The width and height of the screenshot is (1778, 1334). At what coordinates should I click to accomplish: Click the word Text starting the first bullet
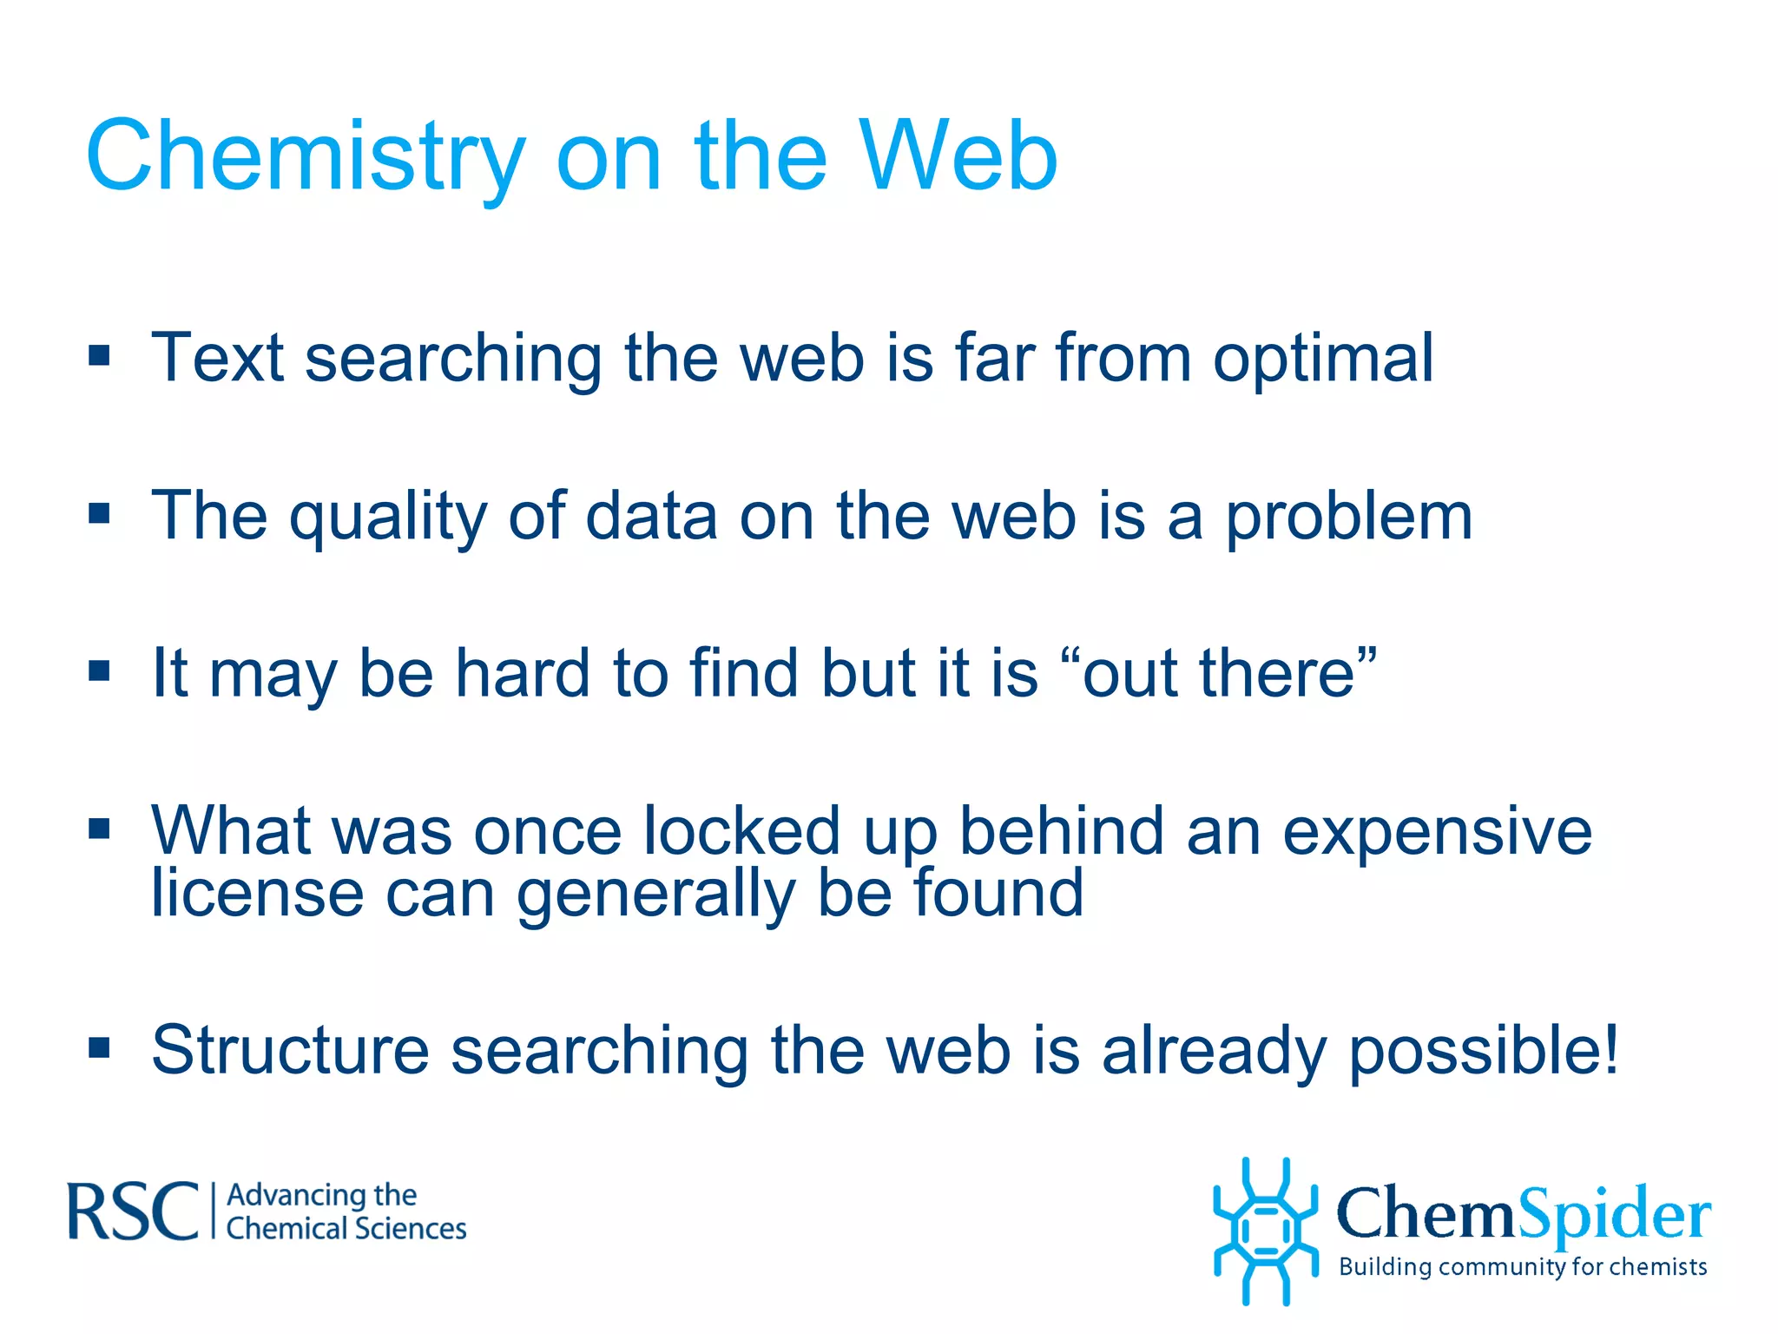coord(217,358)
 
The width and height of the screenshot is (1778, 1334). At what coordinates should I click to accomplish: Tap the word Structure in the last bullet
coord(290,1051)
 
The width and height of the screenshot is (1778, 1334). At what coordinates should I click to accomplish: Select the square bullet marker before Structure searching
coord(99,1048)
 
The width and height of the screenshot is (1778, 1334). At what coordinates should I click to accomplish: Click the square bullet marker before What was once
coord(99,829)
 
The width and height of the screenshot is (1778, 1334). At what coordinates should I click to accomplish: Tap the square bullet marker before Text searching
coord(99,355)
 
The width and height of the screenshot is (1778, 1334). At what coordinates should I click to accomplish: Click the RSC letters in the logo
coord(133,1212)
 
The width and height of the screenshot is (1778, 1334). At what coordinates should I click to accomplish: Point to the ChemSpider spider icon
coord(1265,1232)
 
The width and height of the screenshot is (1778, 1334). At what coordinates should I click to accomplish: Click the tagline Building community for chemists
coord(1523,1267)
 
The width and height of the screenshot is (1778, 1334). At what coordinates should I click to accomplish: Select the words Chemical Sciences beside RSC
coord(346,1229)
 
